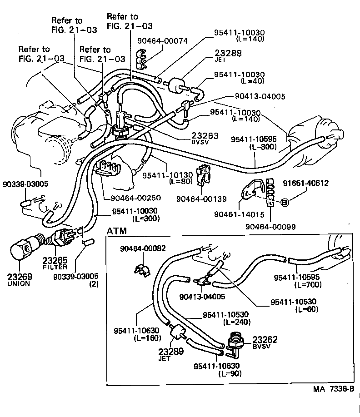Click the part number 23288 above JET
point(229,53)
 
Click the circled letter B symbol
point(285,203)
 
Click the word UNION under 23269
point(19,283)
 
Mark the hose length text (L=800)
point(263,147)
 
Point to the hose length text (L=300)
point(145,218)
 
